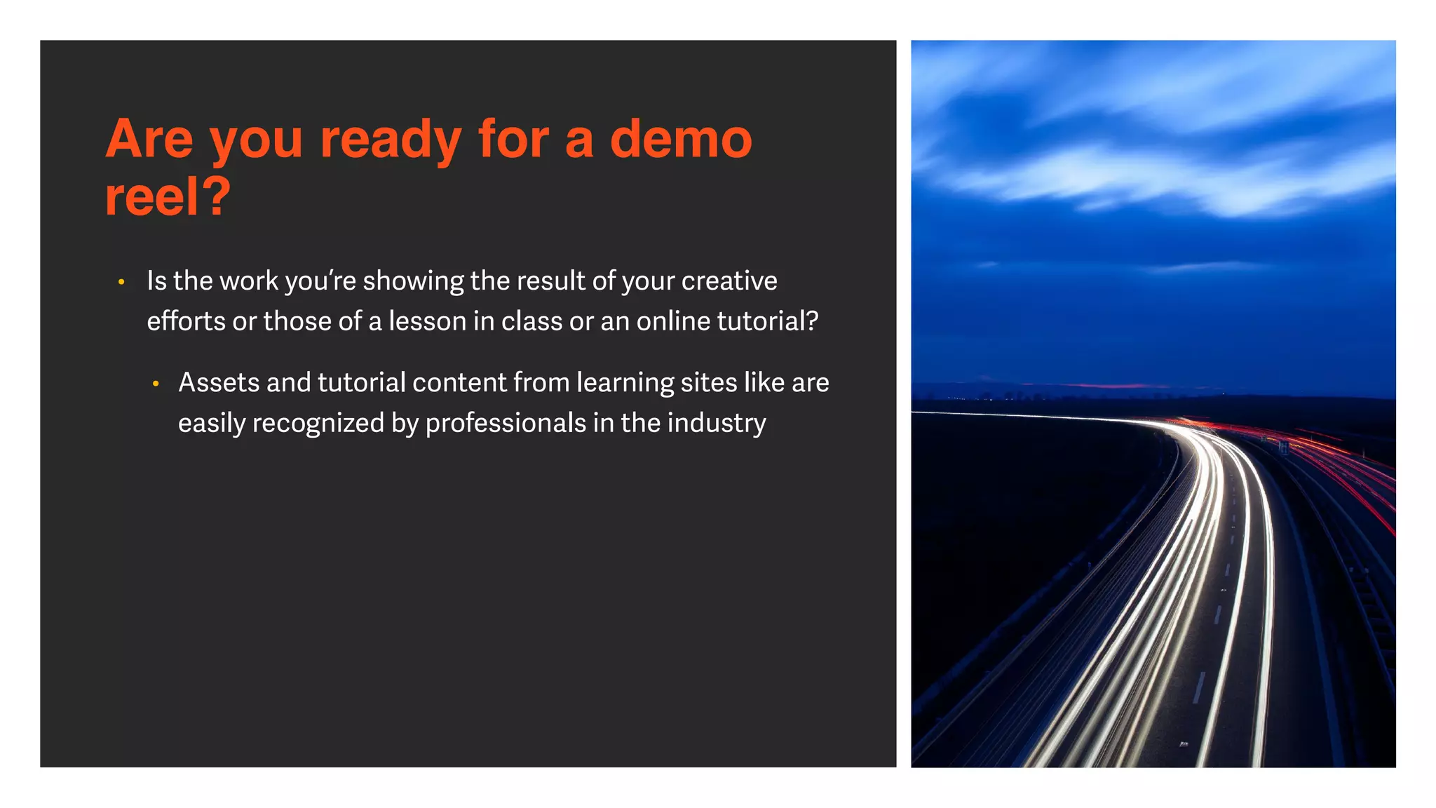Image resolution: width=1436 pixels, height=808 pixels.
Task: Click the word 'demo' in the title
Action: [x=681, y=139]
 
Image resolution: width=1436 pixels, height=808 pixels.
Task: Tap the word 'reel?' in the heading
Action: [x=168, y=197]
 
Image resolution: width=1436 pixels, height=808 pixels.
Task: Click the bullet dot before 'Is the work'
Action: [x=121, y=282]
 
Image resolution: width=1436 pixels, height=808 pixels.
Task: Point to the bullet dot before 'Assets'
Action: [x=156, y=384]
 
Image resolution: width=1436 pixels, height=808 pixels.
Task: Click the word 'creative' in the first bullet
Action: [x=729, y=281]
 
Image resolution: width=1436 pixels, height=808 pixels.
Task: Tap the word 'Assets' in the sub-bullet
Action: [x=219, y=383]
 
